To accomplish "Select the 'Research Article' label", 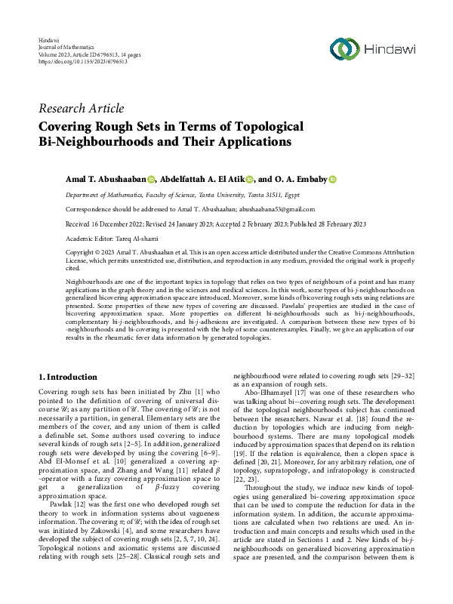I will point(81,109).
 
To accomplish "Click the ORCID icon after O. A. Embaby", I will point(332,180).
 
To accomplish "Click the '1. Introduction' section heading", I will point(68,377).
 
